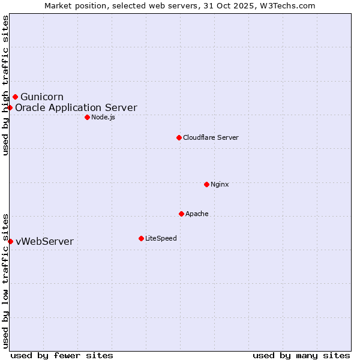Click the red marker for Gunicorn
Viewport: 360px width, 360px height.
click(15, 97)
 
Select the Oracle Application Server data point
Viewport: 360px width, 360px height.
click(10, 108)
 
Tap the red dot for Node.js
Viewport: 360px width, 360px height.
click(87, 117)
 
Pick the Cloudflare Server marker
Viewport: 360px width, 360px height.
click(179, 137)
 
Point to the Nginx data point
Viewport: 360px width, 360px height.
click(206, 184)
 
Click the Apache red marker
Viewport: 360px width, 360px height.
click(181, 214)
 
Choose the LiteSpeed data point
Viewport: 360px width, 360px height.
click(141, 238)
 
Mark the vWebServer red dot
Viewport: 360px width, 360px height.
click(10, 241)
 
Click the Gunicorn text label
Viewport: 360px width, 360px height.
click(42, 97)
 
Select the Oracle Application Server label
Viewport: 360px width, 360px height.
click(76, 108)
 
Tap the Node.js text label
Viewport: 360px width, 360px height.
click(103, 117)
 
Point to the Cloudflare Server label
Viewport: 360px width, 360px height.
click(211, 137)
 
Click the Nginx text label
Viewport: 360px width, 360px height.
click(220, 184)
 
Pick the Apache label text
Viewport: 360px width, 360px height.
click(197, 214)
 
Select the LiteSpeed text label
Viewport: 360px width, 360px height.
click(161, 238)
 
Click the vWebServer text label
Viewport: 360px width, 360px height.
click(44, 242)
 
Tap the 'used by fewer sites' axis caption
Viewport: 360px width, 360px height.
click(62, 355)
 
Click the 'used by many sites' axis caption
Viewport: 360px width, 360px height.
click(301, 355)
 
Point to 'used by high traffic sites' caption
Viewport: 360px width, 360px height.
click(5, 85)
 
